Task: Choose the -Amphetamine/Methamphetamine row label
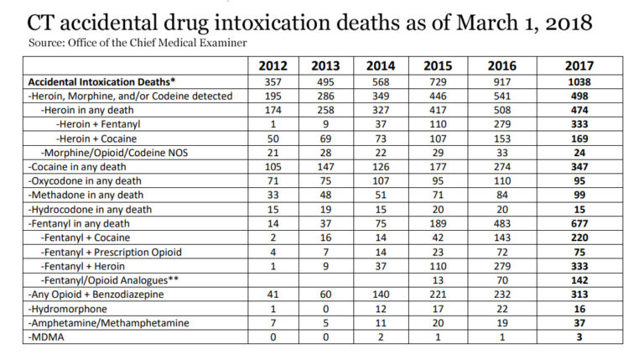tap(99, 323)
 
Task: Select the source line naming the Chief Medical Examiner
tap(138, 41)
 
